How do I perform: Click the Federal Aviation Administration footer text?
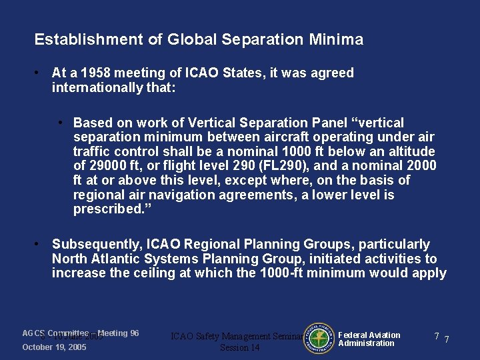[369, 339]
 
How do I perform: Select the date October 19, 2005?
[54, 347]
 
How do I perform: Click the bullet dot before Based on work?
[61, 123]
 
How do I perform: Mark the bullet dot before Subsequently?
[39, 245]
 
